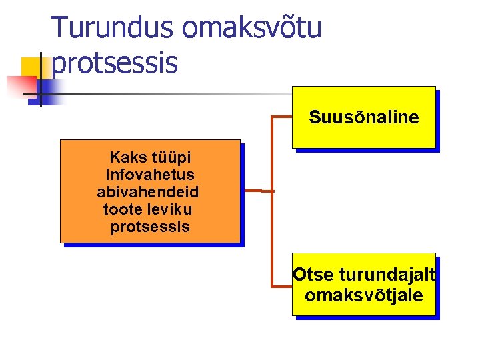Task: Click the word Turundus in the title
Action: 112,27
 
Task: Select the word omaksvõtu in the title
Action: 251,27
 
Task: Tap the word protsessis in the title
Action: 114,63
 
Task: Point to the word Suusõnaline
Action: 363,118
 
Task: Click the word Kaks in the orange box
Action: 125,158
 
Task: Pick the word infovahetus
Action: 150,175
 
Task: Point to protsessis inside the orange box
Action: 150,227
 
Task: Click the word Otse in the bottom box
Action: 313,275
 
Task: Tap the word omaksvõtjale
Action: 363,295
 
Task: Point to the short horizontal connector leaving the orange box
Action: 256,191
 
